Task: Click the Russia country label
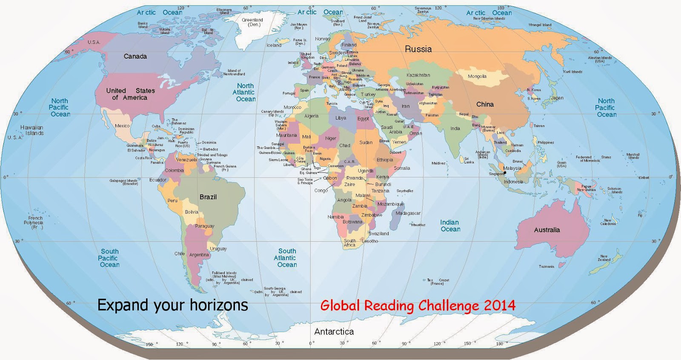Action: [x=418, y=49]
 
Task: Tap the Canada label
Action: [x=135, y=57]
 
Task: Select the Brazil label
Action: [x=208, y=197]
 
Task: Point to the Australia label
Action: [x=547, y=230]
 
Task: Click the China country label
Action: [x=485, y=104]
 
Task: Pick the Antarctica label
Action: [x=334, y=331]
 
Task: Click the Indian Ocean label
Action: [x=450, y=226]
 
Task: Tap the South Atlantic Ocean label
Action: [x=286, y=258]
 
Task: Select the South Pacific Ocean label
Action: [x=109, y=258]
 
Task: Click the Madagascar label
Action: [x=408, y=213]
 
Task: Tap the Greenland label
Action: [x=252, y=22]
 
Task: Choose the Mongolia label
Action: [x=477, y=77]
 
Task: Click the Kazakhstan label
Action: [x=418, y=75]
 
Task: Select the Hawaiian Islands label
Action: [x=32, y=130]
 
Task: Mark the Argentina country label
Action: [x=199, y=255]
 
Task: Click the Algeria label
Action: [x=311, y=116]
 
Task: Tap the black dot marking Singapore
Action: [x=505, y=173]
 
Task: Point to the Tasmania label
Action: [x=547, y=267]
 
